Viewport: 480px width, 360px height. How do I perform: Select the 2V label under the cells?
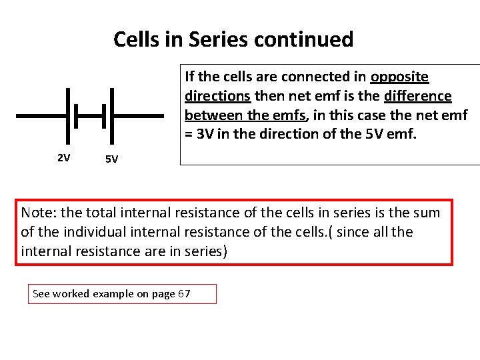point(64,158)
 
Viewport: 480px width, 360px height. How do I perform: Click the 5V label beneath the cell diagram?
point(111,159)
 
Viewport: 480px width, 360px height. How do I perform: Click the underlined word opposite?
point(399,77)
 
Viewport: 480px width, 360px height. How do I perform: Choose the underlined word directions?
point(216,96)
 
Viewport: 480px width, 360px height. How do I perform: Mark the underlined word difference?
point(418,96)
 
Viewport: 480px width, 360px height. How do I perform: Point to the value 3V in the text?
point(204,134)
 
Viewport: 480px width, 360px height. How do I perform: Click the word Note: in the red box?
point(39,213)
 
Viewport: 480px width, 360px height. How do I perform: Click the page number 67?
point(184,294)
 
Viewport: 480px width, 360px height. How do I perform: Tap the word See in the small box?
point(41,294)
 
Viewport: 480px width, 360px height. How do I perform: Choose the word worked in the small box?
point(71,294)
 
